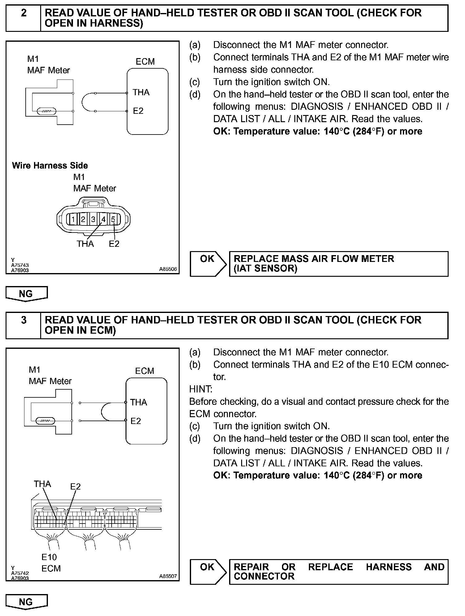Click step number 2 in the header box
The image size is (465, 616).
click(23, 13)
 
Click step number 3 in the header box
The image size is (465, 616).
click(23, 320)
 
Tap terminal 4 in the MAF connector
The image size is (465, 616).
click(103, 220)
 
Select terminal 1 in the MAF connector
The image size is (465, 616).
click(73, 220)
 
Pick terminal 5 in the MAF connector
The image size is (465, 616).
click(113, 220)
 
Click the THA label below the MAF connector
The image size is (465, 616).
click(85, 244)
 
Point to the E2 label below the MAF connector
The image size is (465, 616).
click(114, 244)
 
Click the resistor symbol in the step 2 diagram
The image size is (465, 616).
click(46, 111)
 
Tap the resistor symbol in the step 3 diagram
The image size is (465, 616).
click(45, 421)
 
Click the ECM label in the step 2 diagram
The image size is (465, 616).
click(145, 62)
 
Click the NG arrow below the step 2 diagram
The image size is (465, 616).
click(26, 293)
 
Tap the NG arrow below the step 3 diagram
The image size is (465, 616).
click(26, 602)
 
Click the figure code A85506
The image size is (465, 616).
click(168, 269)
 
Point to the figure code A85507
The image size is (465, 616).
click(168, 576)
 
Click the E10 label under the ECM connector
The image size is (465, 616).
click(49, 557)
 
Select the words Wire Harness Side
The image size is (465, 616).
click(50, 165)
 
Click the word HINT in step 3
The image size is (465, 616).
click(201, 389)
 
